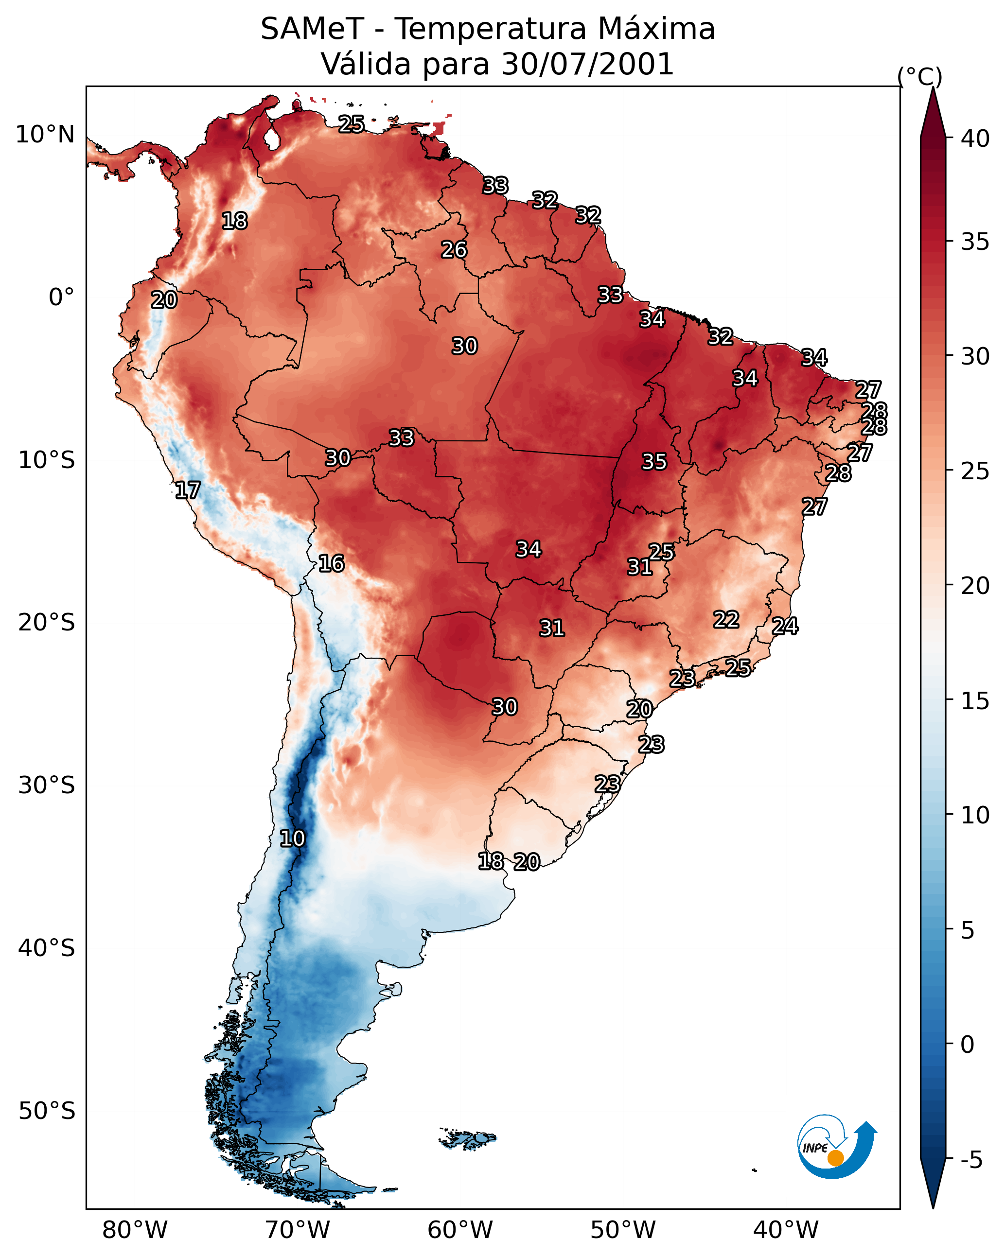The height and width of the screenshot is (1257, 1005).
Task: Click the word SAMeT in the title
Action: point(312,29)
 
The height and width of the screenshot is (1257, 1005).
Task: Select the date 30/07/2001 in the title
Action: point(587,64)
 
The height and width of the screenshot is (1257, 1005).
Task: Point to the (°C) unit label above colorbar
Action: point(919,76)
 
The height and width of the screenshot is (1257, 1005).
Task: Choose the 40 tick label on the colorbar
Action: point(975,139)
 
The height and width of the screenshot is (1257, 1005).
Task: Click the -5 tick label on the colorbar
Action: point(971,1160)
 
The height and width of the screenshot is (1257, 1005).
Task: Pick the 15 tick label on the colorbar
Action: point(975,701)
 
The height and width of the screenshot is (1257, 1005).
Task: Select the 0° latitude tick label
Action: point(61,297)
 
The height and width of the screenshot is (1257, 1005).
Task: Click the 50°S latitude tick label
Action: point(47,1111)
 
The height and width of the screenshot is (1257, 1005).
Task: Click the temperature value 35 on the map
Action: point(654,462)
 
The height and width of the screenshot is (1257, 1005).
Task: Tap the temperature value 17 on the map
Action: point(188,490)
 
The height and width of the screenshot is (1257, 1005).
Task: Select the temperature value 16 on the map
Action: point(331,563)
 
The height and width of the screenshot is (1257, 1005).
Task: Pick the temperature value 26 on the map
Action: point(454,249)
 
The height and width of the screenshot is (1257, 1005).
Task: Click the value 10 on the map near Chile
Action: point(292,838)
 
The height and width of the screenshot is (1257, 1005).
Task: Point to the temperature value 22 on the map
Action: point(726,619)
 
